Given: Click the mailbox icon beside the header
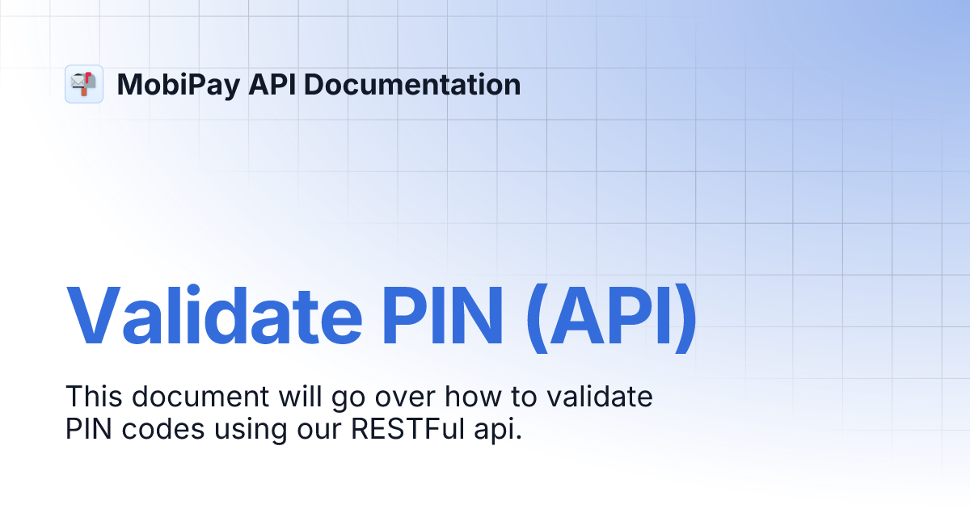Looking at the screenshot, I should pyautogui.click(x=84, y=84).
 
